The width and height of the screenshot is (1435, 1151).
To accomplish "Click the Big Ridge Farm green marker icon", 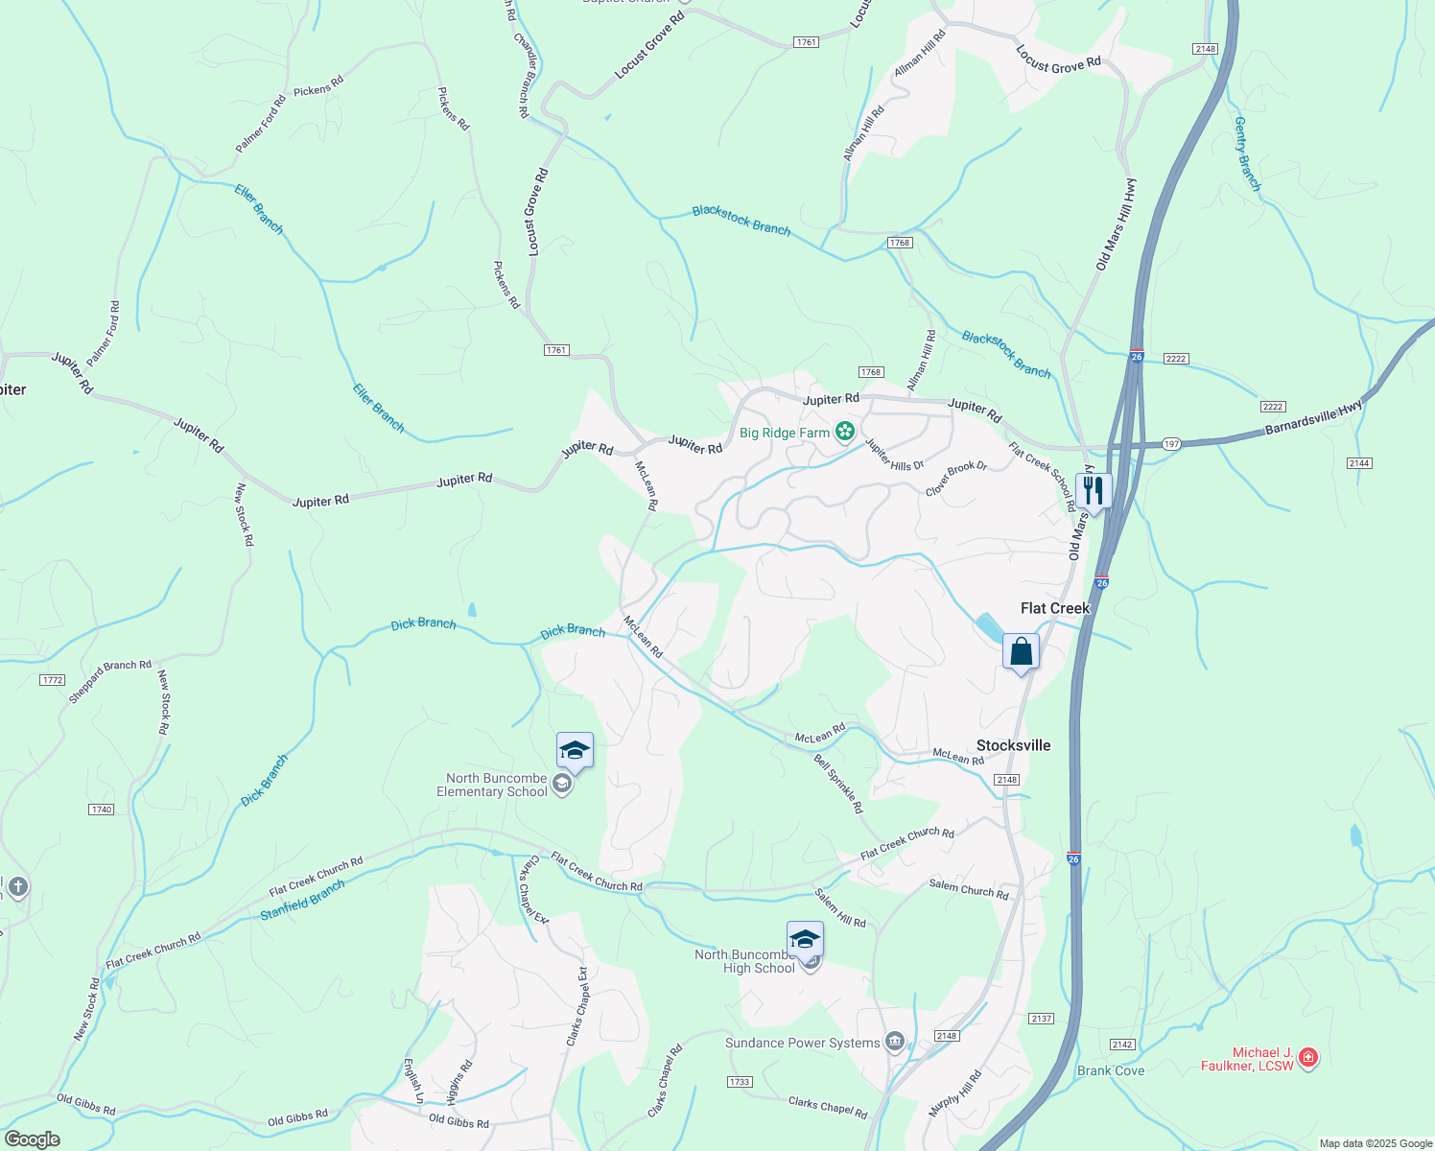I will click(x=844, y=432).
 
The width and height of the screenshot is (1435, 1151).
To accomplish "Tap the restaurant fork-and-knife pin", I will click(x=1093, y=491).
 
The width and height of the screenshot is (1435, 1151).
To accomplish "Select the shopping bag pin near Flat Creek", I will click(x=1021, y=652).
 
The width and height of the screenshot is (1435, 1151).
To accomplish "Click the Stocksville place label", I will click(x=1013, y=745).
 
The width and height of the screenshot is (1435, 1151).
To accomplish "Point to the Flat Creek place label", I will click(x=1055, y=608).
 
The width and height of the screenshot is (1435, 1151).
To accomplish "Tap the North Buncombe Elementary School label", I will click(x=492, y=785).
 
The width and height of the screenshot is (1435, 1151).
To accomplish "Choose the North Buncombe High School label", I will click(x=745, y=961).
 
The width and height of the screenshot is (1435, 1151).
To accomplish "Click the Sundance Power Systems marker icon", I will click(x=895, y=1042).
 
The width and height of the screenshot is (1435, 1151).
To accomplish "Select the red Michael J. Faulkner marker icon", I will click(x=1308, y=1058).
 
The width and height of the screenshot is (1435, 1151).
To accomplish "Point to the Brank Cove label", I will click(x=1111, y=1070).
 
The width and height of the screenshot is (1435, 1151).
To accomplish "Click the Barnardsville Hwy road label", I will click(x=1313, y=418).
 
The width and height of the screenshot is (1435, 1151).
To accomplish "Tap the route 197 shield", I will click(x=1171, y=444).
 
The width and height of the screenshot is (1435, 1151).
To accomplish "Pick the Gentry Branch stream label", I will click(x=1247, y=153).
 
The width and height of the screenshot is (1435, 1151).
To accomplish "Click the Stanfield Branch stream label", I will click(x=302, y=901).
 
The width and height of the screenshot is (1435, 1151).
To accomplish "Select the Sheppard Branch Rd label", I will click(x=109, y=681).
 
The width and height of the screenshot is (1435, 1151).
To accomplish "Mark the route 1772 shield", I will click(x=53, y=680).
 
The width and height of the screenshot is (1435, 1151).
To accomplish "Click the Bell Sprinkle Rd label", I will click(x=837, y=784).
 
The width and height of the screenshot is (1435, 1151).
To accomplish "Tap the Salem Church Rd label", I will click(x=969, y=889).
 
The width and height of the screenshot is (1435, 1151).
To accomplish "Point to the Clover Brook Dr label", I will click(x=956, y=479).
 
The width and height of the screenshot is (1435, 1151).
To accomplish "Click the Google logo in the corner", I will click(x=33, y=1139).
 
